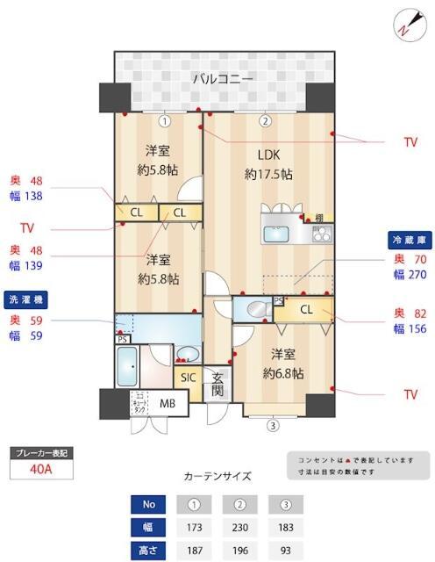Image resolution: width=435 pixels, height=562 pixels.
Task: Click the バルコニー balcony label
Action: (224, 80)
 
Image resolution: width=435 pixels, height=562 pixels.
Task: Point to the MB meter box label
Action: (168, 404)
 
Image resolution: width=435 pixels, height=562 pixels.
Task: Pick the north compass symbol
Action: (406, 24)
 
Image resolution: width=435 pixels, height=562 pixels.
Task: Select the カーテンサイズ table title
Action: (217, 477)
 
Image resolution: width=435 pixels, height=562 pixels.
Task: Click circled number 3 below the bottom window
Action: (274, 427)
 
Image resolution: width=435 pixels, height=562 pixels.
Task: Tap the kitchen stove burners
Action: (320, 234)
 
